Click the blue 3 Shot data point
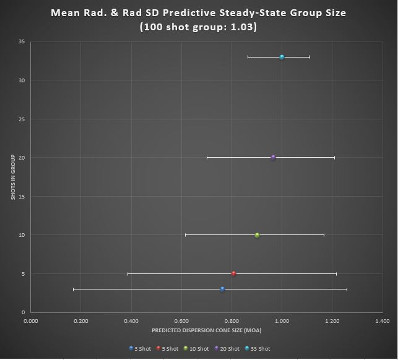point(222,289)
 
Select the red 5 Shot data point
point(233,273)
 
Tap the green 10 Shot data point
point(257,235)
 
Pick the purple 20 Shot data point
point(273,157)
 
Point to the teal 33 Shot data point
point(282,57)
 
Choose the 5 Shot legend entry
point(167,349)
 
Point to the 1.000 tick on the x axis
point(282,321)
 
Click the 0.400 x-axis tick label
point(131,321)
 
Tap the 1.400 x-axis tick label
point(383,321)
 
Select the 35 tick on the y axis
point(22,41)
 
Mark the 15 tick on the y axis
point(22,196)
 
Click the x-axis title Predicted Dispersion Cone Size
point(206,330)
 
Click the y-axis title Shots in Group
point(12,177)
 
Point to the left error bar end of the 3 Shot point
point(73,289)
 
